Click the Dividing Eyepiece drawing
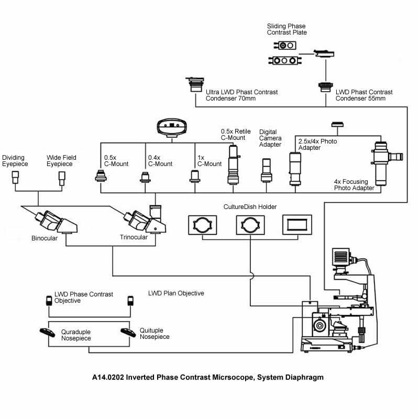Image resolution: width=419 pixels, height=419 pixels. tap(16, 177)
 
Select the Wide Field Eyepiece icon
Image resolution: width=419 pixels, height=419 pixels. tap(62, 178)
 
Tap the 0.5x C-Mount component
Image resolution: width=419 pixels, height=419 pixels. tap(101, 176)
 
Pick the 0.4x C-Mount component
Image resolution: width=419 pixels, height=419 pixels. tap(145, 178)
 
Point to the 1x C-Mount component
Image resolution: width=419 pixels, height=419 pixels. tap(195, 177)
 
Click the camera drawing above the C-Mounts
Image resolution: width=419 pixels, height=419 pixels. tap(172, 128)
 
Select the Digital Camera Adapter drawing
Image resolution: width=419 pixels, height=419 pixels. tap(267, 171)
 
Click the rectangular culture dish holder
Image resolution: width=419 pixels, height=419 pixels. tap(297, 225)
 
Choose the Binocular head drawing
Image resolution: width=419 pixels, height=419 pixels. tap(57, 222)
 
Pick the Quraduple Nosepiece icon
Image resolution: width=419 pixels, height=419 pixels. tap(47, 333)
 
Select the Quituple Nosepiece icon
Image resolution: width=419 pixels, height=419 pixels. tap(128, 333)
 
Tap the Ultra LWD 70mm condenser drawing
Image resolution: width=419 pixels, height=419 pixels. tap(195, 84)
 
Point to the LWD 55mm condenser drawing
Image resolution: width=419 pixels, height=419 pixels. tap(326, 87)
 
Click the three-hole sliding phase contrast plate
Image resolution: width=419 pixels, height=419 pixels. tap(285, 61)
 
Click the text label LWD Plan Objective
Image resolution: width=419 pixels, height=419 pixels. tap(176, 293)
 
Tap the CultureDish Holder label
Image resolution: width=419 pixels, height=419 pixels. tap(250, 206)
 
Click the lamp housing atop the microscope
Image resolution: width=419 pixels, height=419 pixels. tap(341, 258)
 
